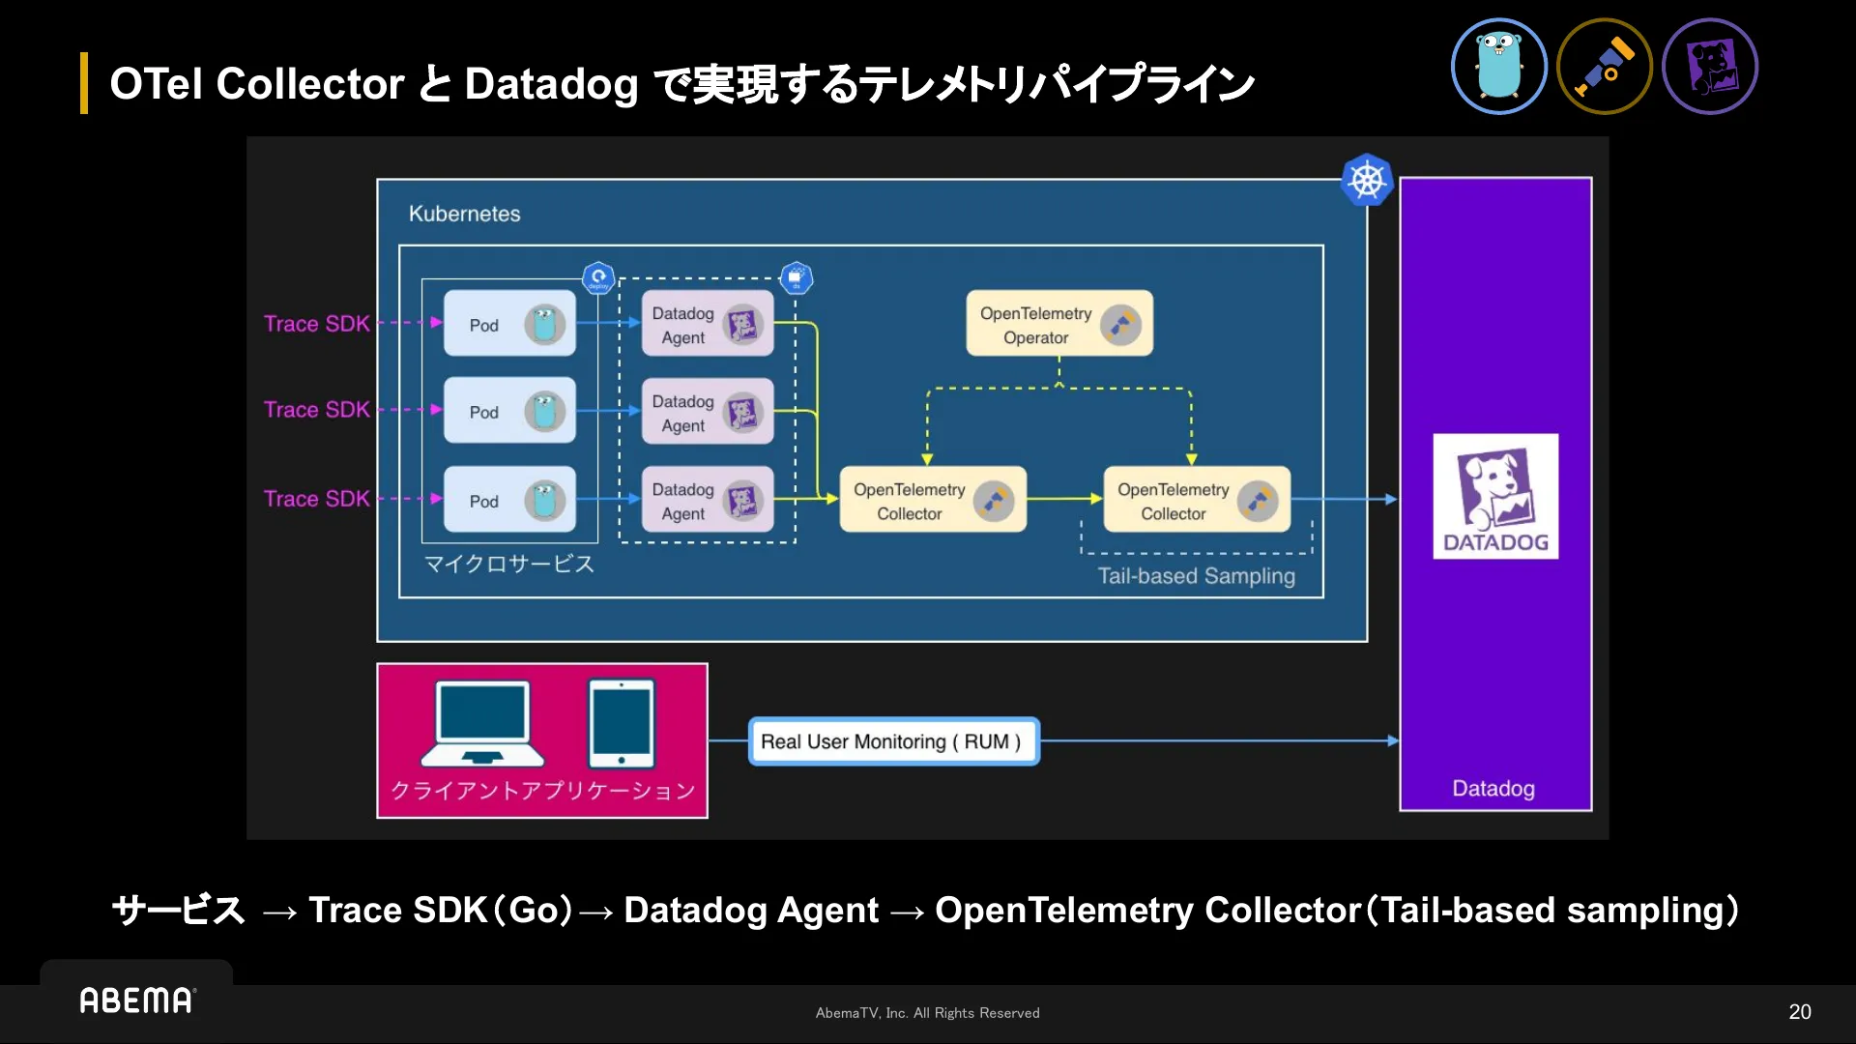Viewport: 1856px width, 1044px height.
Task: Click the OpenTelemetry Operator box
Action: [1059, 324]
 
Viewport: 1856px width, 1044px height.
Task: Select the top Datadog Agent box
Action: [708, 324]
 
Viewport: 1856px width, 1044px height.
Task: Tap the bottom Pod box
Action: [509, 500]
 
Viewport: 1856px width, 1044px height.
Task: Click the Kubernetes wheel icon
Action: [1367, 180]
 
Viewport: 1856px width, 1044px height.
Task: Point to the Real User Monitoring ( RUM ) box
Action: [893, 741]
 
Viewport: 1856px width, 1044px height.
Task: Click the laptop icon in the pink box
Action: [482, 723]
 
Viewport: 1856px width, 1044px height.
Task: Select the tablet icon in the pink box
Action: [622, 723]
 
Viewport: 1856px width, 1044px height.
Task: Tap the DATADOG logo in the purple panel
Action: [1494, 496]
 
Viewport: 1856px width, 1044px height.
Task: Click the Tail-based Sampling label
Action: [1196, 576]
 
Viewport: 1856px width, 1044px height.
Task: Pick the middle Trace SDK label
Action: [317, 410]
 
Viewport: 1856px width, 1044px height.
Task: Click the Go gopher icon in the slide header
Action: [1498, 67]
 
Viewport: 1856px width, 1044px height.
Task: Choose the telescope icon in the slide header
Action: [1605, 67]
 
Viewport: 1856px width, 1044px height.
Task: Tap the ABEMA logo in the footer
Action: [137, 1000]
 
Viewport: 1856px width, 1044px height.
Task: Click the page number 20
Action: [1799, 1012]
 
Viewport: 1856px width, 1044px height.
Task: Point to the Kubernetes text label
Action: [464, 214]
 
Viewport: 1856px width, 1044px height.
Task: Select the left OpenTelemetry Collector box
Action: [932, 500]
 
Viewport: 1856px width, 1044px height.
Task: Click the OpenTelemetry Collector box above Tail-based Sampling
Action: [1197, 500]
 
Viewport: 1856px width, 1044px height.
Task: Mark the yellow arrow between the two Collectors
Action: [1064, 499]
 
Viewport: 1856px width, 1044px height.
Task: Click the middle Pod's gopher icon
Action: [544, 412]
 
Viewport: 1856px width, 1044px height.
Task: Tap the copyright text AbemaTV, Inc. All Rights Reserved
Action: [927, 1013]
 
